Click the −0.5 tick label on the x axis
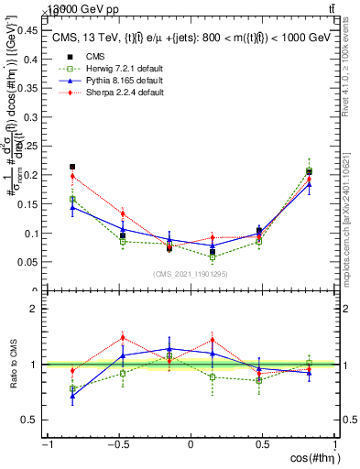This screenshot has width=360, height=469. click(x=117, y=445)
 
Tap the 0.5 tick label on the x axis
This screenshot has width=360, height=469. click(x=263, y=445)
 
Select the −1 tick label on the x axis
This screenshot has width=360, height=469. click(x=46, y=445)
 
